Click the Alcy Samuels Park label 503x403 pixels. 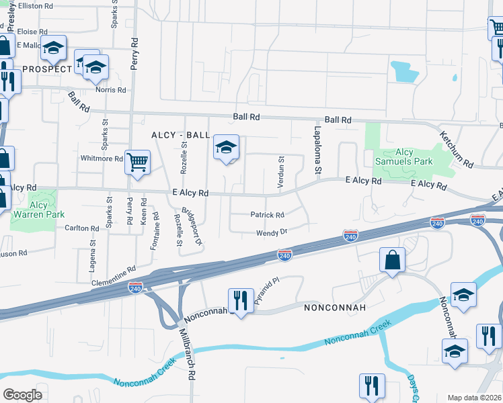(414, 157)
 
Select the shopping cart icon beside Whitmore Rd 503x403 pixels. (137, 162)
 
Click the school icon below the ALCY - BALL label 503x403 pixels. (227, 148)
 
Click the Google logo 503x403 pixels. (22, 394)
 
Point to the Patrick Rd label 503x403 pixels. (268, 216)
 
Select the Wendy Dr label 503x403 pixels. (272, 232)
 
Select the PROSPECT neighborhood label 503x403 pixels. (46, 69)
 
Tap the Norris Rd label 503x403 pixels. (111, 90)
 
